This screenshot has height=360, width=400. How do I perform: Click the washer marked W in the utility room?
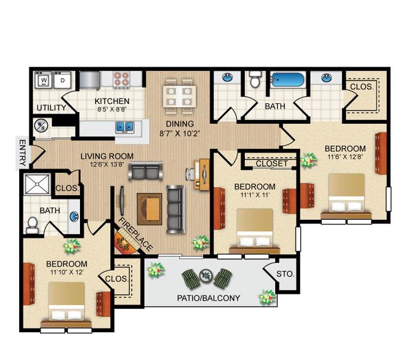pos(44,80)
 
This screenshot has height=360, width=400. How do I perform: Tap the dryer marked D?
pos(62,80)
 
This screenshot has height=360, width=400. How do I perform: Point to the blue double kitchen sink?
pos(126,127)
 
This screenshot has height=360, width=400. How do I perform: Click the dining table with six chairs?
pos(179,95)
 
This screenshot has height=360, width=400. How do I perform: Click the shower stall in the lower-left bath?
pos(36,186)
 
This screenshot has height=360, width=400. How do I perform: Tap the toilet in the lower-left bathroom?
pos(33,225)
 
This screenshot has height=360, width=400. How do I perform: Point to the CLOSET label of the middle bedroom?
pos(271,164)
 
